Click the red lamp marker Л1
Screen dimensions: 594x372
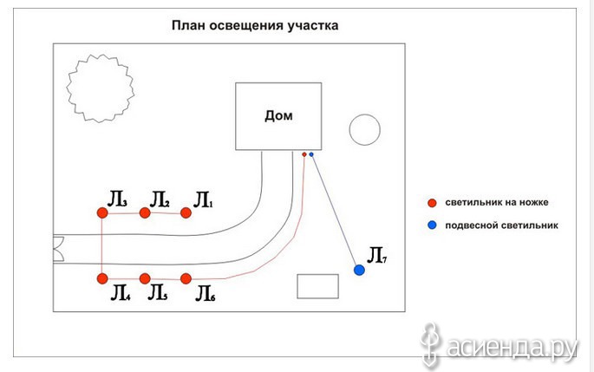click(x=186, y=213)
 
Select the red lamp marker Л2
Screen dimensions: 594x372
click(x=145, y=213)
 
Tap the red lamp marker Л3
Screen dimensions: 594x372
click(x=102, y=213)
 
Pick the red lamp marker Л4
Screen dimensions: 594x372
click(x=102, y=279)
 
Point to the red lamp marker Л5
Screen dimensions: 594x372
click(x=145, y=279)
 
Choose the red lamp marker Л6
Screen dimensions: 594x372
click(x=186, y=279)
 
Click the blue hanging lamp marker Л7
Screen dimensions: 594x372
click(x=359, y=270)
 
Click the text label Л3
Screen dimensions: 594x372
click(x=117, y=199)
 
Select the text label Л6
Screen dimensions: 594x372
click(x=206, y=294)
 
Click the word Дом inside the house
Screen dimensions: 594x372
click(x=278, y=115)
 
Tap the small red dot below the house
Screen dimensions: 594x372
click(x=304, y=154)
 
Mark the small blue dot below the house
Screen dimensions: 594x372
click(x=311, y=154)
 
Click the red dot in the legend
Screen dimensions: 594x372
click(x=432, y=203)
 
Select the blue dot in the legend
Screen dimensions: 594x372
click(x=432, y=225)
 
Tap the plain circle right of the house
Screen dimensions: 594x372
click(x=364, y=114)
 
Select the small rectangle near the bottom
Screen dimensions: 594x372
click(x=317, y=275)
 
